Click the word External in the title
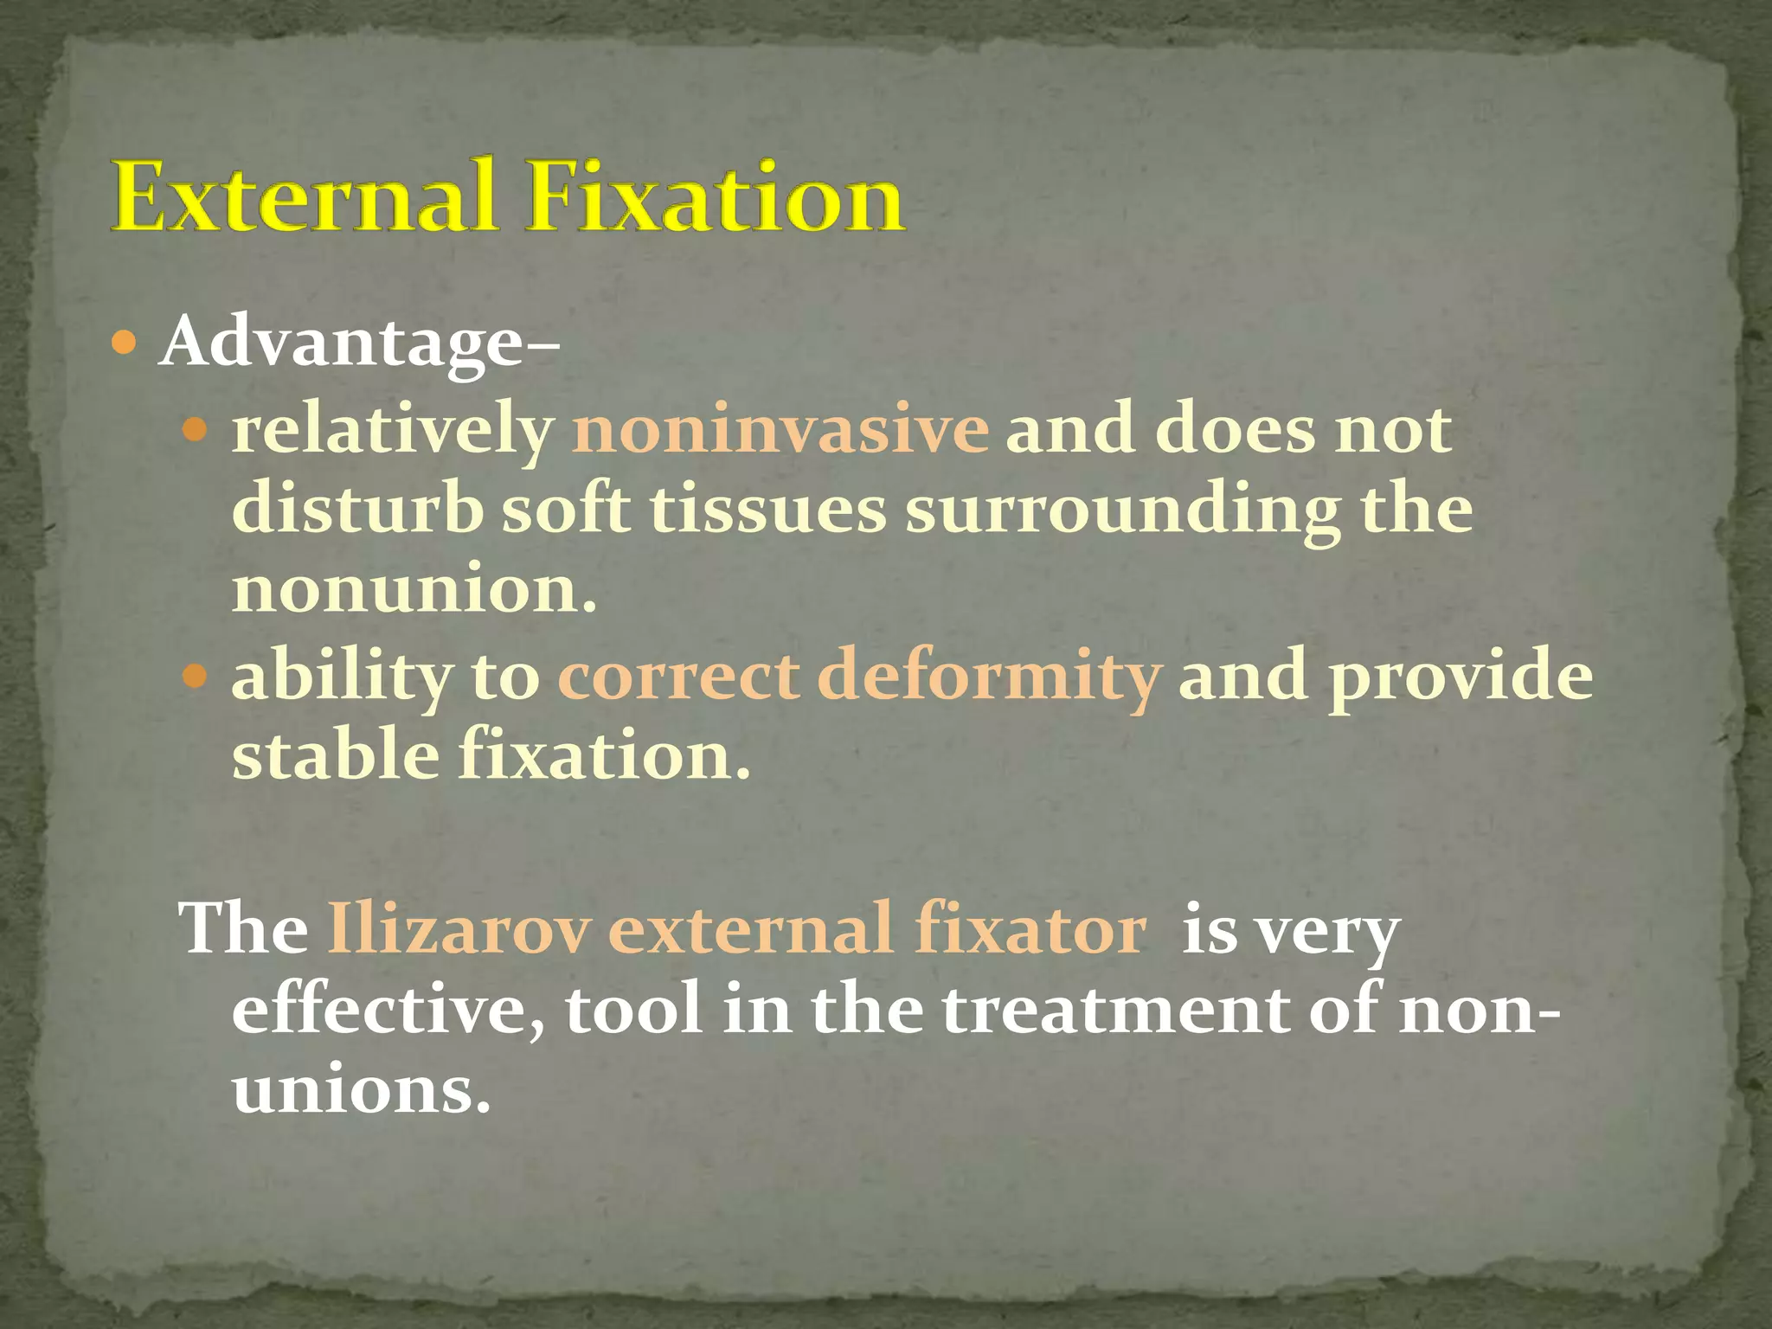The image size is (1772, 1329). click(x=303, y=197)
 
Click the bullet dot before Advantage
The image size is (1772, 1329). click(x=125, y=344)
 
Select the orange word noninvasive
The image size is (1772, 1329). click(x=780, y=429)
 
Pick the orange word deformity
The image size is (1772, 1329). click(x=987, y=677)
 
